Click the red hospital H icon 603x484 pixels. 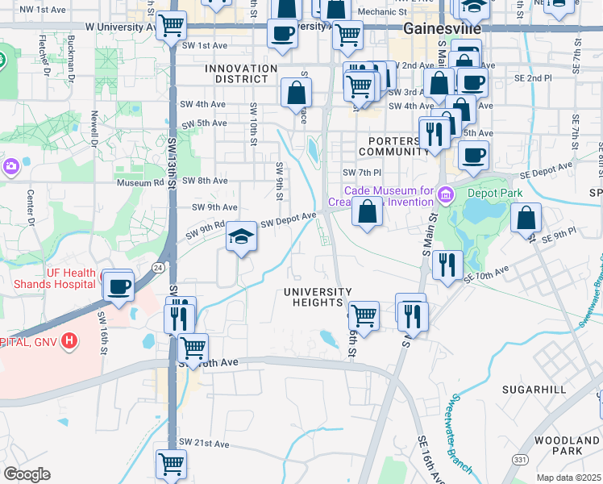click(x=70, y=341)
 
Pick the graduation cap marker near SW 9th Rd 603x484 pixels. click(x=241, y=236)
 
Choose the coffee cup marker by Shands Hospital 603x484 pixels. click(x=119, y=286)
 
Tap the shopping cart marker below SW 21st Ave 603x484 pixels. click(x=171, y=463)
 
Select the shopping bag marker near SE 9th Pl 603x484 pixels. click(x=526, y=217)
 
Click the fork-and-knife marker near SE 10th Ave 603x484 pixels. click(x=447, y=263)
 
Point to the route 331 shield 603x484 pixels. click(x=516, y=459)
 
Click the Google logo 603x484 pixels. click(x=27, y=474)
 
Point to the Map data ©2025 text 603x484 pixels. click(x=568, y=478)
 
